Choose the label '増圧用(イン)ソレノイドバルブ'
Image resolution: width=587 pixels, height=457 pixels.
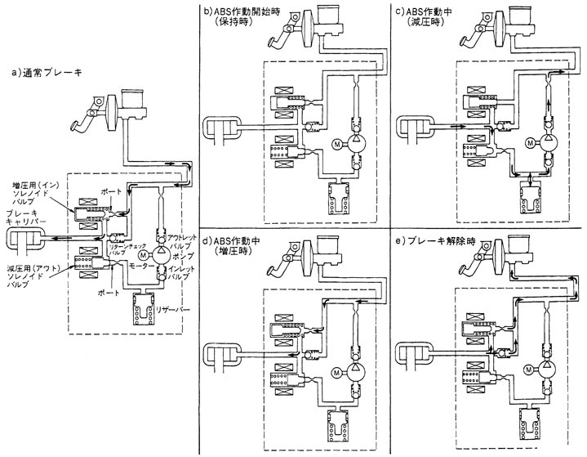[30, 194]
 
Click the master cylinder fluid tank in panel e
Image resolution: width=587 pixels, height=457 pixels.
[522, 247]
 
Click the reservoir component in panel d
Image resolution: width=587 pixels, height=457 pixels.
[337, 429]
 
